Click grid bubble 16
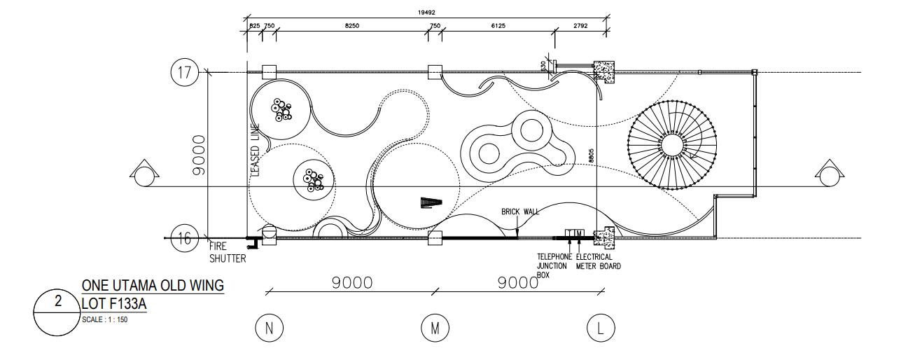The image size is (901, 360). coord(183,239)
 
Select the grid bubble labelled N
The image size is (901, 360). coord(267,328)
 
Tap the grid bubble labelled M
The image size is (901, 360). coord(434,328)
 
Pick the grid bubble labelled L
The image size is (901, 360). coord(600,328)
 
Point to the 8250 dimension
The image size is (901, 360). coord(352,26)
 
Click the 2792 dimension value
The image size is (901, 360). coord(580,26)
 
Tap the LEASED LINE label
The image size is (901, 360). coord(255,150)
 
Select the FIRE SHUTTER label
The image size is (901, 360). coord(228,252)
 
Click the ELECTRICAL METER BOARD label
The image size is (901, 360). coord(598,261)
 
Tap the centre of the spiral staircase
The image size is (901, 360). coord(673,145)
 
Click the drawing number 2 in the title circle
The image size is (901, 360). coord(59,302)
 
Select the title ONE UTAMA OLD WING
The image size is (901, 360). coord(153,286)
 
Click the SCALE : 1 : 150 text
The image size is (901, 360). coord(104,319)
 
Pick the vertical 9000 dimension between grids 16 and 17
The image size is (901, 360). coord(198,155)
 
